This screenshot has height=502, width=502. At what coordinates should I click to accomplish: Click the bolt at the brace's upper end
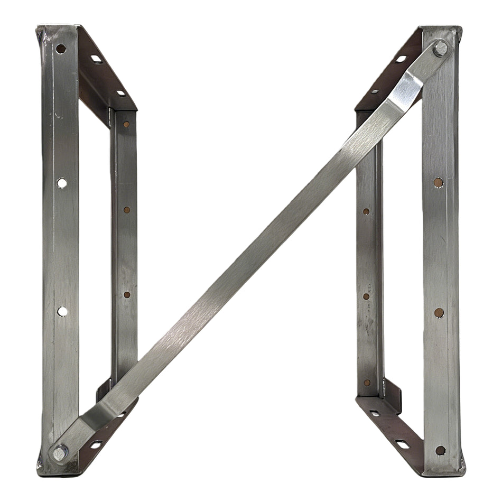tap(440, 49)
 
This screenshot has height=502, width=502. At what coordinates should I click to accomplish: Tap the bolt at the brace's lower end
tap(59, 452)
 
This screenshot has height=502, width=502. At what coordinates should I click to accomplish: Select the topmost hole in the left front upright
tap(61, 49)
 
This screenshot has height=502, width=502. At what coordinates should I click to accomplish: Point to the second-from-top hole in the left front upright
tap(62, 183)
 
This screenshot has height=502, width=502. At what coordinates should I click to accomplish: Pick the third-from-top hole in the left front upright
tap(62, 311)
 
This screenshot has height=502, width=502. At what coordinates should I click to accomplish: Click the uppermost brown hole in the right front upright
tap(438, 182)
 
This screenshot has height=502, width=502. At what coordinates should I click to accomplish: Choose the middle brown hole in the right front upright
tap(439, 312)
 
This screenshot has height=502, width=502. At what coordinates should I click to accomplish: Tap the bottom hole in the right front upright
tap(440, 450)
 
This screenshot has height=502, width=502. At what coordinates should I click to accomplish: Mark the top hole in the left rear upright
tap(126, 125)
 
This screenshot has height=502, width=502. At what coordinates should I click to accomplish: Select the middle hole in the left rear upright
tap(127, 210)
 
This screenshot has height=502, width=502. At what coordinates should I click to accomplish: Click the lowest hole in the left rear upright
tap(127, 295)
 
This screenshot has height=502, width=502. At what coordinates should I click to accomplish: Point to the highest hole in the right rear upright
tap(366, 211)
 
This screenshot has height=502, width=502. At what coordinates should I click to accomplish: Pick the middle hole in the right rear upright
tap(366, 296)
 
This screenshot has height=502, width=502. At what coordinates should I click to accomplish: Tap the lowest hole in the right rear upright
tap(367, 382)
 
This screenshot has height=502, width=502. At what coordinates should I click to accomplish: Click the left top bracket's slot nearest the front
tap(96, 59)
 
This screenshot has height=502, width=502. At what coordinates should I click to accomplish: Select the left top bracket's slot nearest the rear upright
tap(121, 93)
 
